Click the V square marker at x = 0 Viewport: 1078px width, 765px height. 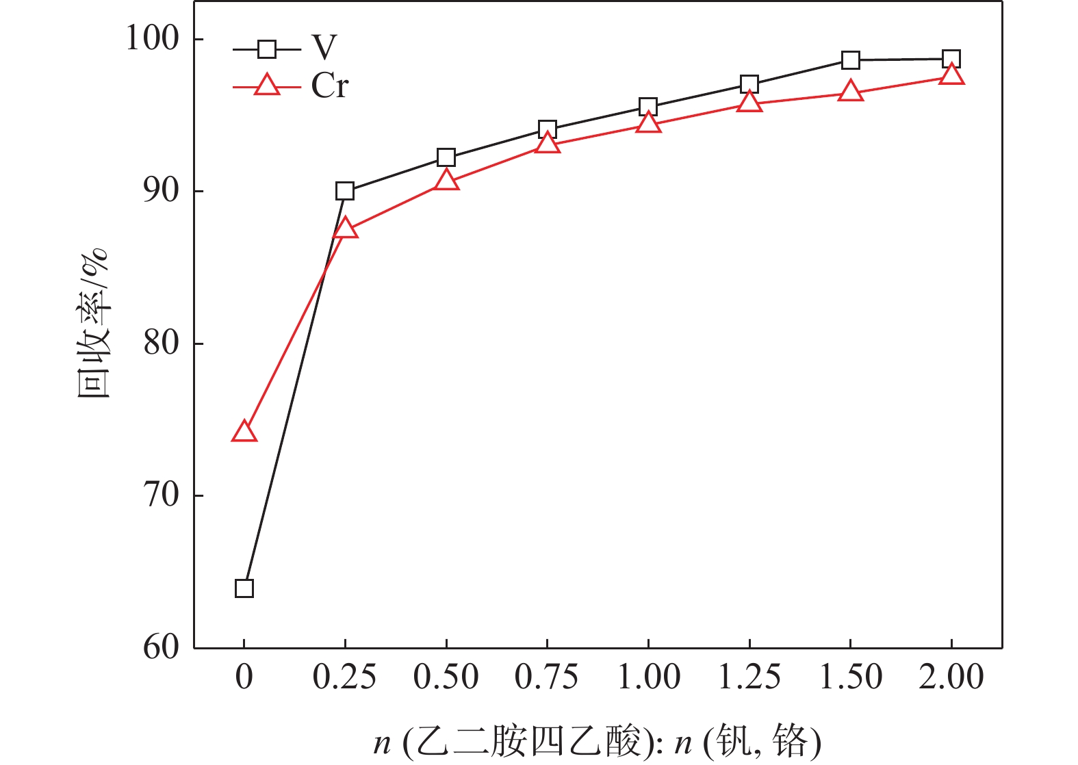point(244,588)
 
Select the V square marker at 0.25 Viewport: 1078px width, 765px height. point(345,191)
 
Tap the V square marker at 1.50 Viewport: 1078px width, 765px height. point(850,60)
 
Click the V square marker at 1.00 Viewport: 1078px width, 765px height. point(648,107)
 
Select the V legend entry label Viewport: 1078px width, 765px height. point(324,48)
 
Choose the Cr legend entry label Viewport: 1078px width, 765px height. point(330,86)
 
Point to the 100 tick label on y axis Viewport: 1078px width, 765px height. point(152,38)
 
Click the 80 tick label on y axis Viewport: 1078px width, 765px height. point(162,343)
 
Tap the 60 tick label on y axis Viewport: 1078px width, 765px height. point(162,647)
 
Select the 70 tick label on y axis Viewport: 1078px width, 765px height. point(162,495)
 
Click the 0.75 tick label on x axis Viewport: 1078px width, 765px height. point(547,677)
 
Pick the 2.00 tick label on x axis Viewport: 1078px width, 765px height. point(951,677)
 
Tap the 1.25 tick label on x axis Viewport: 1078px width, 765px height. point(749,677)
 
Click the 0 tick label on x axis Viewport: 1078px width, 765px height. point(244,677)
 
